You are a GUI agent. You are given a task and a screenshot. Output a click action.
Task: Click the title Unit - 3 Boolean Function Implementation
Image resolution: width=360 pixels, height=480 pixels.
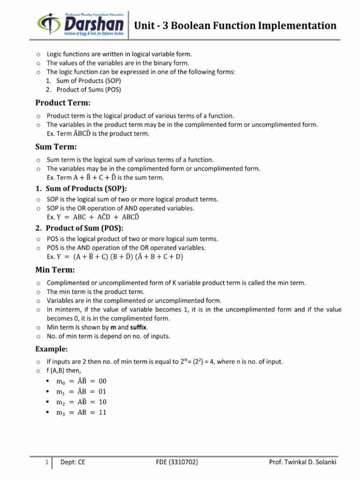(x=235, y=25)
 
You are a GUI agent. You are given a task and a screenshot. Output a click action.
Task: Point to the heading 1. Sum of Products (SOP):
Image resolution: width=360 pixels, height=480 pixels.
(x=81, y=188)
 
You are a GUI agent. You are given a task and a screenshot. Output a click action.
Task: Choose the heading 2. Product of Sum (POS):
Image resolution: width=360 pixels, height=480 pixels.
(x=79, y=228)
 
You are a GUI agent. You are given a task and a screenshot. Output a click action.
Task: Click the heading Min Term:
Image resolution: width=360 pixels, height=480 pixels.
(x=55, y=270)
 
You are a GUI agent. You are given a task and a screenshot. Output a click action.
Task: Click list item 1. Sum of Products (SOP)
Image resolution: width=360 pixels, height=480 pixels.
(x=83, y=81)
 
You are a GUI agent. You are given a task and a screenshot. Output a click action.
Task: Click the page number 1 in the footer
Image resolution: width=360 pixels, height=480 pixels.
(x=47, y=463)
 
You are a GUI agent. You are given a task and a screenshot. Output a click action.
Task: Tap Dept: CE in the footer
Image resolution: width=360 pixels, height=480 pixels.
(x=73, y=463)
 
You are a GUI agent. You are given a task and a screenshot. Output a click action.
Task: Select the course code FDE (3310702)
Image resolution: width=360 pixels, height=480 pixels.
(x=177, y=463)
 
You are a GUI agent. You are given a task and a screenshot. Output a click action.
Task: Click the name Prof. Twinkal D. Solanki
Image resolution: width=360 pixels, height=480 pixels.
(x=302, y=463)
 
